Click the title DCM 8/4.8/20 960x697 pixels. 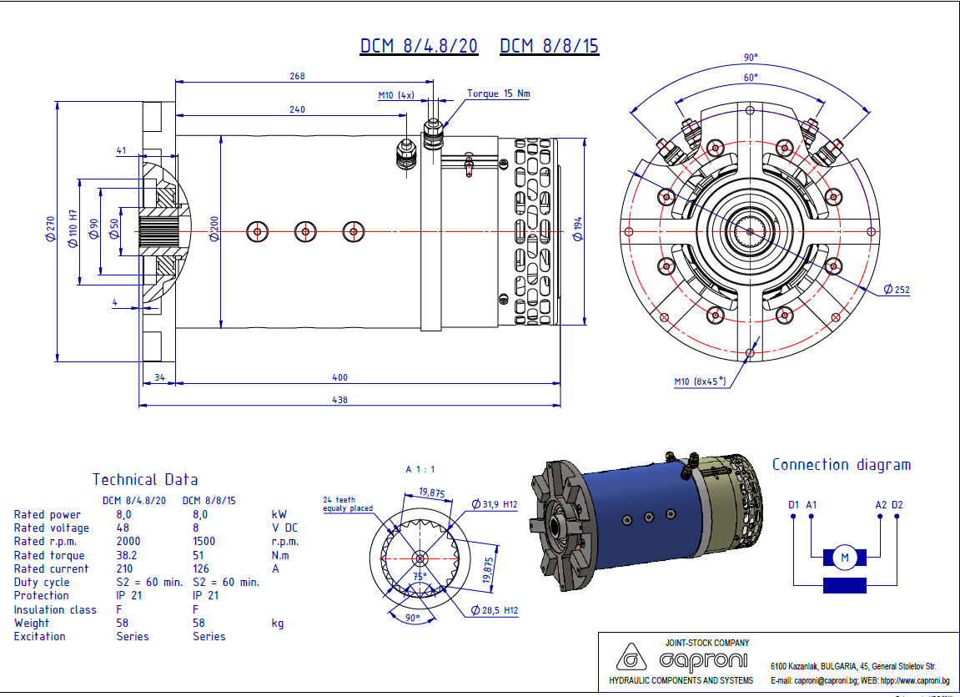(x=419, y=46)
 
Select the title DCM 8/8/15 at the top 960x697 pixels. (x=549, y=46)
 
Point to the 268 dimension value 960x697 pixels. (x=297, y=76)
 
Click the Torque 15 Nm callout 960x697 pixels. (x=498, y=93)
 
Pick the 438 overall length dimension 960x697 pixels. (x=339, y=400)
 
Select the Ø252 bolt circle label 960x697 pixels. (x=897, y=290)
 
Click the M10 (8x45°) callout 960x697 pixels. (x=700, y=381)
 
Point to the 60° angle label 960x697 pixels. (x=751, y=78)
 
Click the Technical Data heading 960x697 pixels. (x=145, y=480)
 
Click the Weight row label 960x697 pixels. (x=32, y=623)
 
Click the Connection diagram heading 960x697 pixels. (x=841, y=465)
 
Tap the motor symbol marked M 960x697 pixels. (x=844, y=558)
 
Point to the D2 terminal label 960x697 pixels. (x=897, y=505)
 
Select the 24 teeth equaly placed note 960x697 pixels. (x=348, y=504)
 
